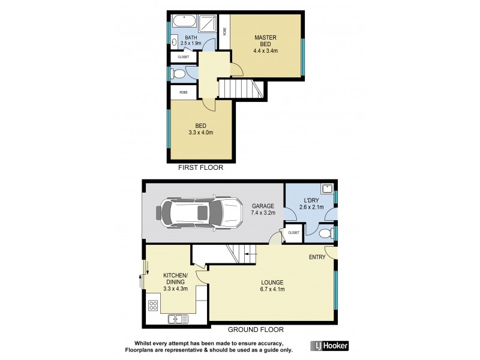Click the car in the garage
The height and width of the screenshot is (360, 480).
tap(197, 212)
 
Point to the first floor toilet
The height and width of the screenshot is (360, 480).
tap(178, 74)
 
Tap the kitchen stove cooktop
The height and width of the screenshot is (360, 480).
tap(153, 305)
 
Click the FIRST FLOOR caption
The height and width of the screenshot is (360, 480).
tap(200, 168)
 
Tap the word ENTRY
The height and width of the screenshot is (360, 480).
tap(317, 257)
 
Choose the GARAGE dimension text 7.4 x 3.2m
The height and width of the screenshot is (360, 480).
tap(263, 213)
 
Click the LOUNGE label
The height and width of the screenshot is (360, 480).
tap(272, 282)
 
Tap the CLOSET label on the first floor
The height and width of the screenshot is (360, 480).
tap(183, 57)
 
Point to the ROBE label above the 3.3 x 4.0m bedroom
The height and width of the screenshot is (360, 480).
tap(183, 92)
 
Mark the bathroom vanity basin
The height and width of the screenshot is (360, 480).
tap(173, 43)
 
